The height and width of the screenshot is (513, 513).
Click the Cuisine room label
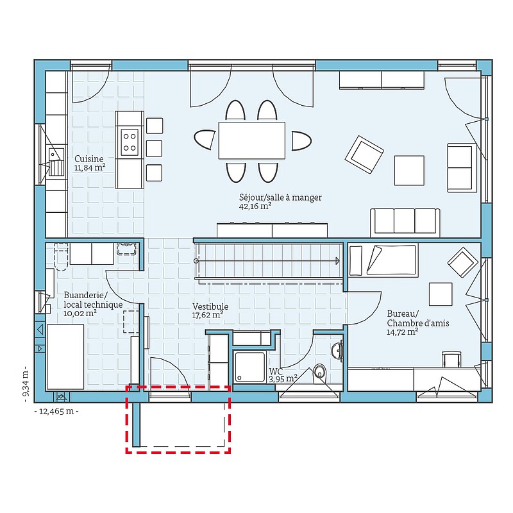[x=89, y=159]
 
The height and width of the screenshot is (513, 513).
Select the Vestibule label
[x=210, y=307]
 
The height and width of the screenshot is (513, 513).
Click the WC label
[x=276, y=371]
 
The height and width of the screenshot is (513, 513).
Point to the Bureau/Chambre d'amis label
[x=418, y=318]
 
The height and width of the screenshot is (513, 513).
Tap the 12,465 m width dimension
[x=56, y=411]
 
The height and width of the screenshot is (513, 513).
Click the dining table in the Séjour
[x=251, y=140]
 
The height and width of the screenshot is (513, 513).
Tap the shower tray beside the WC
[x=249, y=366]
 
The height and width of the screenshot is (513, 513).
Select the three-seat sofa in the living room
[x=405, y=222]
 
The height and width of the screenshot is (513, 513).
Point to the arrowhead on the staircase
[x=337, y=261]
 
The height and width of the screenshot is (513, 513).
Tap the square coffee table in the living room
[x=409, y=171]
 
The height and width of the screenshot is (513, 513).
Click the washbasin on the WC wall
[x=336, y=351]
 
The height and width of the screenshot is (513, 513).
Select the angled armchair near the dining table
[x=364, y=155]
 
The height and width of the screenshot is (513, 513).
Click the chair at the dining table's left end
[x=205, y=140]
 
